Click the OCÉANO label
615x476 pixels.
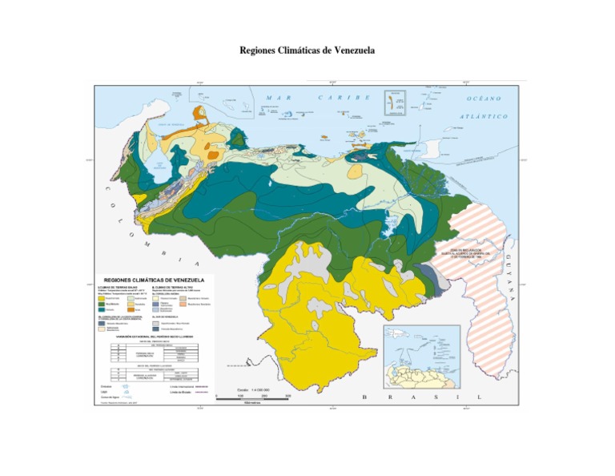(x=484, y=99)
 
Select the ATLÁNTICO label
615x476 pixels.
(x=484, y=116)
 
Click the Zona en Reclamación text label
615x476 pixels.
(x=478, y=252)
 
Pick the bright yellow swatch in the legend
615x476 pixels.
(x=102, y=299)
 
